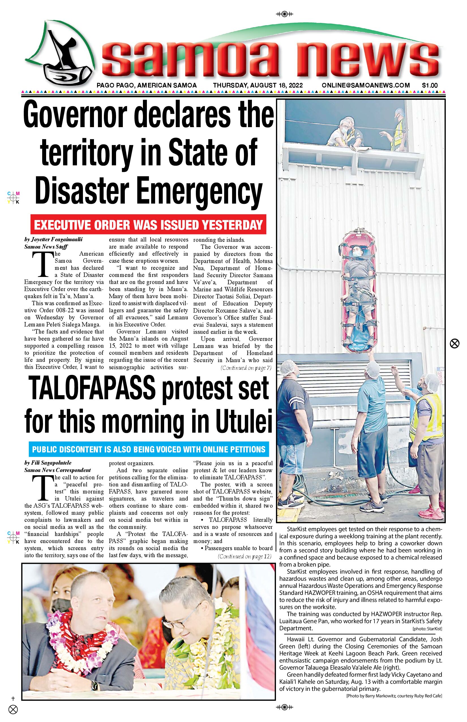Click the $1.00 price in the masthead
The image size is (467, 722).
coord(429,85)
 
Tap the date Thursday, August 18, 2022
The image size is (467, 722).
coord(258,85)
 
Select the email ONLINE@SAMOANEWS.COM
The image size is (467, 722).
coord(365,85)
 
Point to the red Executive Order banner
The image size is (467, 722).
coord(148,225)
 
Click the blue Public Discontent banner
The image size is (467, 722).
coord(149,449)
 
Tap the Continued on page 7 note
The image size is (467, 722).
coord(246,368)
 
